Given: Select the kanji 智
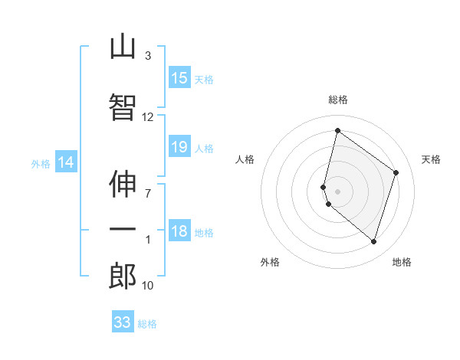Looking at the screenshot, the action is (123, 106).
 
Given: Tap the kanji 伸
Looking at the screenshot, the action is (123, 184).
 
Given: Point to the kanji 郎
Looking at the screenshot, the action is (123, 276).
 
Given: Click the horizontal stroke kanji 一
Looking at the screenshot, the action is (123, 229).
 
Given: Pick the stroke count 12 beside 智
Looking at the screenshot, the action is (147, 117).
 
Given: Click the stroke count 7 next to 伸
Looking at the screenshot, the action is (148, 194).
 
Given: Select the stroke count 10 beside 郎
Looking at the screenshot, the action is (147, 286).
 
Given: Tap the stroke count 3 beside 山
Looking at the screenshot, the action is (148, 56).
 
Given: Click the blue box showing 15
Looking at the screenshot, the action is (179, 77).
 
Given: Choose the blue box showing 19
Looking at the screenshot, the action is (179, 146).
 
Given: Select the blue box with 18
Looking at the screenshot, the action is (179, 230).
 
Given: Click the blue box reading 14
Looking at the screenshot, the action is (66, 162).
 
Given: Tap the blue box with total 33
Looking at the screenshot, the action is (123, 321).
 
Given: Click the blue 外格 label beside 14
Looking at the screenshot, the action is (41, 164).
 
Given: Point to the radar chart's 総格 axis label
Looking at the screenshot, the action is (338, 100).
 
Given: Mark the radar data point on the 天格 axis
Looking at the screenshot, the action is (396, 172).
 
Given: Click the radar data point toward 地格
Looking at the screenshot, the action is (373, 242).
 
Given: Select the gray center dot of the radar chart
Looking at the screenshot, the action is (337, 191).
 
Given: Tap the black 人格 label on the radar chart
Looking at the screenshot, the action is (245, 159).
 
